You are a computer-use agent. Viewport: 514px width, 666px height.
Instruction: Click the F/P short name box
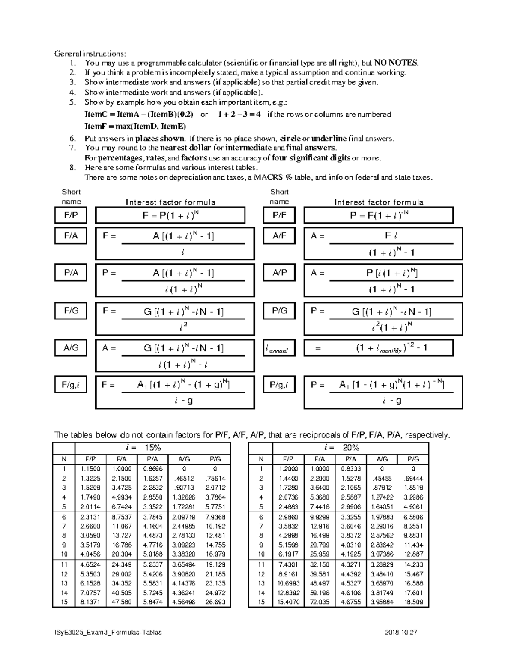(x=71, y=215)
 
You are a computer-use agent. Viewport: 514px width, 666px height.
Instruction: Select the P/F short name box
(x=279, y=215)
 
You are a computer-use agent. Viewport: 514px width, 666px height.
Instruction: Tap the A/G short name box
(x=71, y=348)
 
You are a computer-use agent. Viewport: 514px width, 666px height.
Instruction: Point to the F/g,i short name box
(x=71, y=385)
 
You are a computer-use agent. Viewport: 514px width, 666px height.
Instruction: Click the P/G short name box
(x=279, y=311)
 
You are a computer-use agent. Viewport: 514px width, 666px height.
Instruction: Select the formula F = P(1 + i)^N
(x=170, y=216)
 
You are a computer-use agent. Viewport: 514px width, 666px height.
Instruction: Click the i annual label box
(x=279, y=348)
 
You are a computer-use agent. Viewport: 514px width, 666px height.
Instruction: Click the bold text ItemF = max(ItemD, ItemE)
(x=135, y=126)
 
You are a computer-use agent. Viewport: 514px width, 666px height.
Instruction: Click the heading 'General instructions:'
(x=90, y=54)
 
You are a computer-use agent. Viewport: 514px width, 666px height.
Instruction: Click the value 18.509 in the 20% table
(x=413, y=602)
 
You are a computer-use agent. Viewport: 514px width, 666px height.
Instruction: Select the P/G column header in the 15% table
(x=215, y=459)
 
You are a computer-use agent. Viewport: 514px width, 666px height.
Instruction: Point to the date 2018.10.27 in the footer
(x=401, y=633)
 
